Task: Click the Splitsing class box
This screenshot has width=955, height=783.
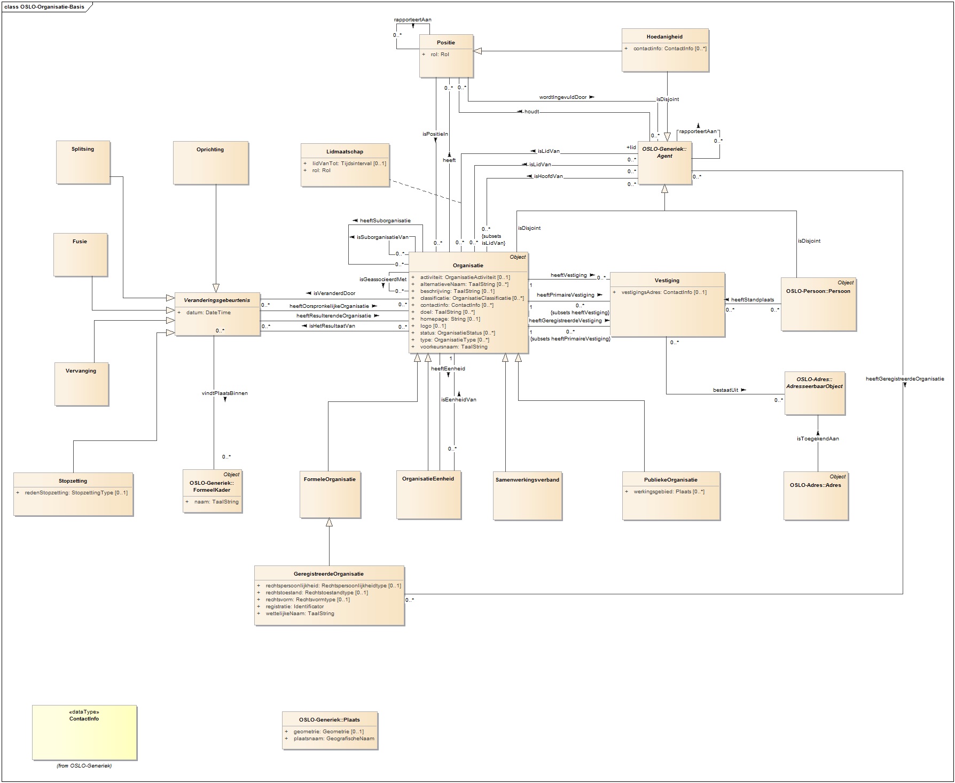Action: (x=83, y=162)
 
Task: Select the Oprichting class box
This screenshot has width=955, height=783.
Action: (x=210, y=163)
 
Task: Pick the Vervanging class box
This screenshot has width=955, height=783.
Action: (x=81, y=384)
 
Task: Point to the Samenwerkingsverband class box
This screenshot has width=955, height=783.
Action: (x=527, y=495)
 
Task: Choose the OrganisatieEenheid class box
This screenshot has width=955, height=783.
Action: (x=428, y=495)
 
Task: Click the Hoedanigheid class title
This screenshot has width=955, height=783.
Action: (x=664, y=37)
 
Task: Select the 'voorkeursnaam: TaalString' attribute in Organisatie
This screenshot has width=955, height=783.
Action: (x=453, y=347)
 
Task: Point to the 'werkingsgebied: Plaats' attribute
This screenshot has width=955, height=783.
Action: (x=669, y=492)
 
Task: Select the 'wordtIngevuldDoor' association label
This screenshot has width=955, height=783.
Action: (x=562, y=97)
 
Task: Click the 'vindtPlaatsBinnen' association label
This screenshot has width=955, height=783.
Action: (x=224, y=393)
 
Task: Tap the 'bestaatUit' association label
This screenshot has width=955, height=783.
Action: (x=725, y=390)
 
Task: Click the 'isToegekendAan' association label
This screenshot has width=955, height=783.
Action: (x=817, y=439)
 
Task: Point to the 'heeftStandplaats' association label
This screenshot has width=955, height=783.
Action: (x=752, y=300)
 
